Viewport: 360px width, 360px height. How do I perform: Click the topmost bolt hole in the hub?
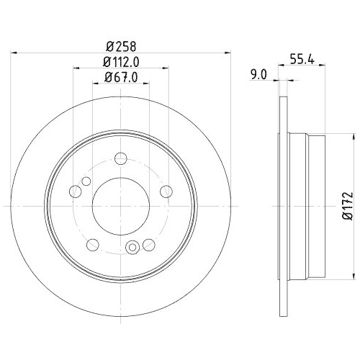[x=122, y=158]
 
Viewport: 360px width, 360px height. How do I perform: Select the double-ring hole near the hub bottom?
[x=132, y=248]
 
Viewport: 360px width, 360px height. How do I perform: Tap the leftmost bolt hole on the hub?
[x=76, y=192]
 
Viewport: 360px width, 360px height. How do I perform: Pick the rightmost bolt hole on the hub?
[x=167, y=191]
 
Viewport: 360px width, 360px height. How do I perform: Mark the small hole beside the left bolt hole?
[x=86, y=181]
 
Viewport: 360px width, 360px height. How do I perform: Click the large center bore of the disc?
[x=121, y=204]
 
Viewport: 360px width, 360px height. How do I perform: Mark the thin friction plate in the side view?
[x=280, y=205]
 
